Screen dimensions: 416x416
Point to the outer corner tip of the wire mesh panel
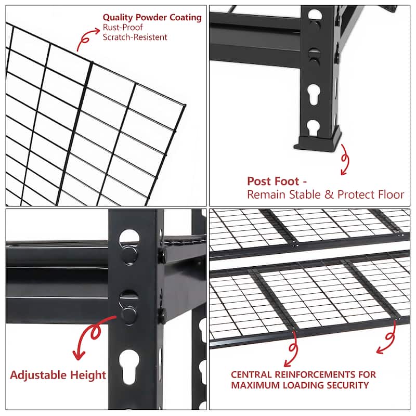[185, 106]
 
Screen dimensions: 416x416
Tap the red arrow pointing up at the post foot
[345, 162]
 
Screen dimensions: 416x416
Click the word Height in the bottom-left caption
[92, 375]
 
